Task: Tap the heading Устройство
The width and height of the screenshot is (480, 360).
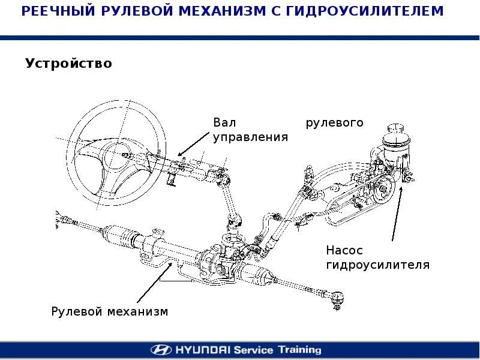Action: coord(68,63)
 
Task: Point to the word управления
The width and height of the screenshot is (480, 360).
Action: coord(251,137)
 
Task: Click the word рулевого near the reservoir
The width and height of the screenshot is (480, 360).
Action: coord(335,122)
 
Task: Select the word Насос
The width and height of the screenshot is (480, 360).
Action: coord(344,250)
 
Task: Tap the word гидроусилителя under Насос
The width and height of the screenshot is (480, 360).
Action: coord(378,265)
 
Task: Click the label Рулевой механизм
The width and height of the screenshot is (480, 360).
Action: coord(110,312)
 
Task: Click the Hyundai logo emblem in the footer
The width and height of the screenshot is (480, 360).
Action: coord(161,350)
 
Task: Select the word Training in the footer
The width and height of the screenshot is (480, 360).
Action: coord(298,350)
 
